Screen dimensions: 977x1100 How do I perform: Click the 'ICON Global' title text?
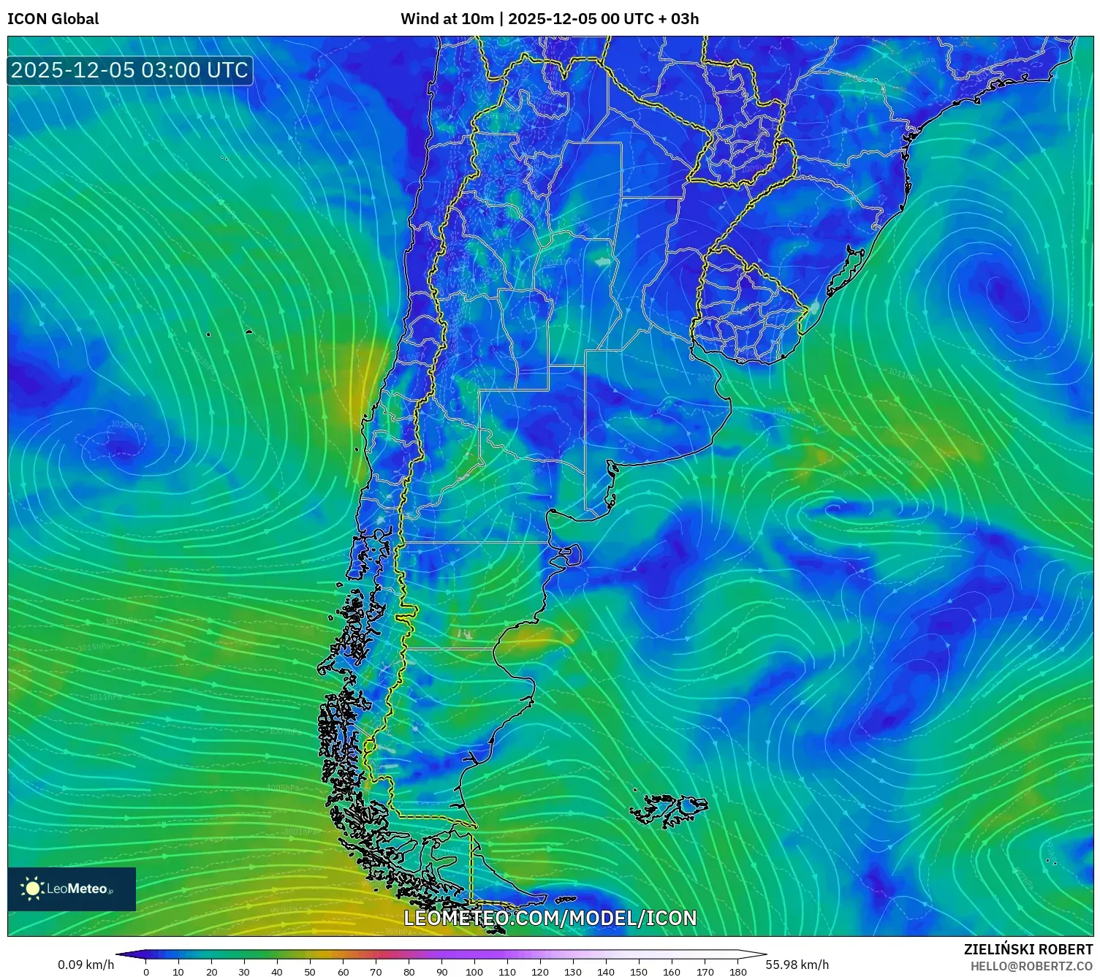53,19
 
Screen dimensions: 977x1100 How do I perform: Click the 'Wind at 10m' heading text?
447,19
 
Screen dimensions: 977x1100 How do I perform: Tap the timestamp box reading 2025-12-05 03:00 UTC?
130,70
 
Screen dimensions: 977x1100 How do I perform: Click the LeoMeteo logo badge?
72,889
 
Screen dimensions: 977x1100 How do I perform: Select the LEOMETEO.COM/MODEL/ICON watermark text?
550,919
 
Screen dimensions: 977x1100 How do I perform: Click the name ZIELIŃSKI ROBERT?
1028,949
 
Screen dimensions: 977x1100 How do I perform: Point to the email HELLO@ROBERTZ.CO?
1031,966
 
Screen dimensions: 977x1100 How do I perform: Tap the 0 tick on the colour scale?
146,972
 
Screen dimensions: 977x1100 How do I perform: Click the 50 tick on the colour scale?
310,972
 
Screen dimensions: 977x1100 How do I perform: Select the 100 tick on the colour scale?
474,972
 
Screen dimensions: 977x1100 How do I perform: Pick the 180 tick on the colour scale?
737,972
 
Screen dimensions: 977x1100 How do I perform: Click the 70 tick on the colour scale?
376,972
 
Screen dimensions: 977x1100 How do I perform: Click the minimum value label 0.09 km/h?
86,965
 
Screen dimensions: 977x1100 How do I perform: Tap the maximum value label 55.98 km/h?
797,965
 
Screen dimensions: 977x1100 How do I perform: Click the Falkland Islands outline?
669,810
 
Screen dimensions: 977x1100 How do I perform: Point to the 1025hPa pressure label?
126,425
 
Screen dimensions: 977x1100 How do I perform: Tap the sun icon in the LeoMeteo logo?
32,889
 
